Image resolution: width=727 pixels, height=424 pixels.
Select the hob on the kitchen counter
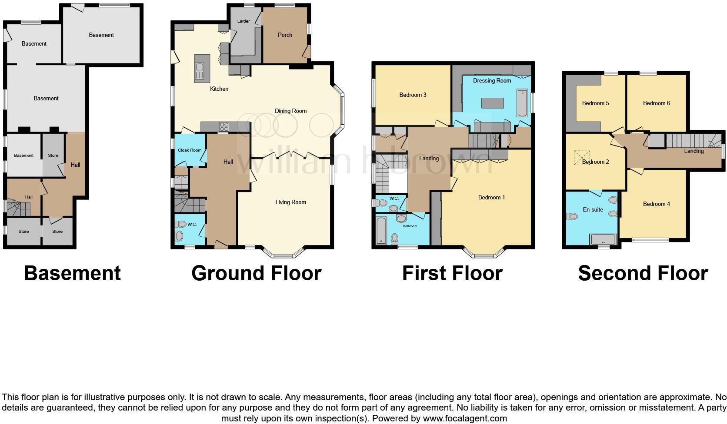coord(224,126)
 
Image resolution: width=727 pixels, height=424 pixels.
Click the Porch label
coord(285,35)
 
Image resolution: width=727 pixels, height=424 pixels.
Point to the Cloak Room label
coord(190,150)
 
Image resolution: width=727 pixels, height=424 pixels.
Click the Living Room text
coord(290,202)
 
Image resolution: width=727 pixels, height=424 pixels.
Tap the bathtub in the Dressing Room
coord(522,103)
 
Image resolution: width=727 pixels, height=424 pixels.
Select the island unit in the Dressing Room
coord(492,103)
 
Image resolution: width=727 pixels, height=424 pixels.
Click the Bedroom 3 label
coord(413,95)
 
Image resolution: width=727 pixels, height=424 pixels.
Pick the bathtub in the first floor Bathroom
coord(381,230)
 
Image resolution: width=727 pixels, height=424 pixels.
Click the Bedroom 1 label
coord(491,197)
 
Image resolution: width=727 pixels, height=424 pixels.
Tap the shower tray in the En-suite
coord(603,240)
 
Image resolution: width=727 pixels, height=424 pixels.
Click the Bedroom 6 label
coord(656,103)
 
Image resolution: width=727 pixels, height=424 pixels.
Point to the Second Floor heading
coord(643,273)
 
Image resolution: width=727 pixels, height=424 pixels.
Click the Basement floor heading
coord(72,273)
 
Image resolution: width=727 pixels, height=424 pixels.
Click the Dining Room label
coord(290,111)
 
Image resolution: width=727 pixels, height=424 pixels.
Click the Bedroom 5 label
coord(595,103)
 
